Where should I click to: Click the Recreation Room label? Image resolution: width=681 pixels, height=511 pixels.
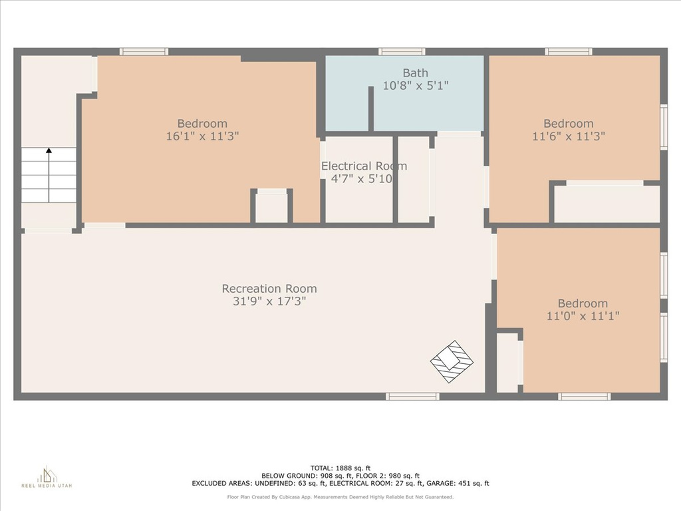269,289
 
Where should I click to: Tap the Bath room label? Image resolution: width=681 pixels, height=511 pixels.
415,73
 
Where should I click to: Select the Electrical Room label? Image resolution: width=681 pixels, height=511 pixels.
364,166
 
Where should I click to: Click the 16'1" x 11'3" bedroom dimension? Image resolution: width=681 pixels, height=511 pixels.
202,136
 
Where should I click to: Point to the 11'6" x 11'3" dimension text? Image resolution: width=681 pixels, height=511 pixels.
569,136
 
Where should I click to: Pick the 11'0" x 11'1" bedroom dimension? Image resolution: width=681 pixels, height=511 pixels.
583,316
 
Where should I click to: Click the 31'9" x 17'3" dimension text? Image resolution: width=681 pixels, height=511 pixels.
269,301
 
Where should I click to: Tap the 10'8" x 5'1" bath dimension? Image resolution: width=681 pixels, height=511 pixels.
415,86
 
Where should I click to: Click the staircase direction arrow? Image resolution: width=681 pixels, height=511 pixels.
49,175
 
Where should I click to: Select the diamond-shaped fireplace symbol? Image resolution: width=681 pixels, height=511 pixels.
452,361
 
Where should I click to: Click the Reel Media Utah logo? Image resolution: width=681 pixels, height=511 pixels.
47,477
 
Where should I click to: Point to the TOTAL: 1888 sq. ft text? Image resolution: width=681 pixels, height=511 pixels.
340,468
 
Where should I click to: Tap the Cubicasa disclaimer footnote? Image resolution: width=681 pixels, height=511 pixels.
340,497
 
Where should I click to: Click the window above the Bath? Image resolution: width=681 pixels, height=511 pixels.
402,52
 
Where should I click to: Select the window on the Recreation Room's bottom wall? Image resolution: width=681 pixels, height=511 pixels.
412,397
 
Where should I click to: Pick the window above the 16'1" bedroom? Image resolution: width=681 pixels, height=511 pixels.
144,52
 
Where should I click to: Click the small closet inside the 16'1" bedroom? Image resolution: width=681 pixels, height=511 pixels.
271,208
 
